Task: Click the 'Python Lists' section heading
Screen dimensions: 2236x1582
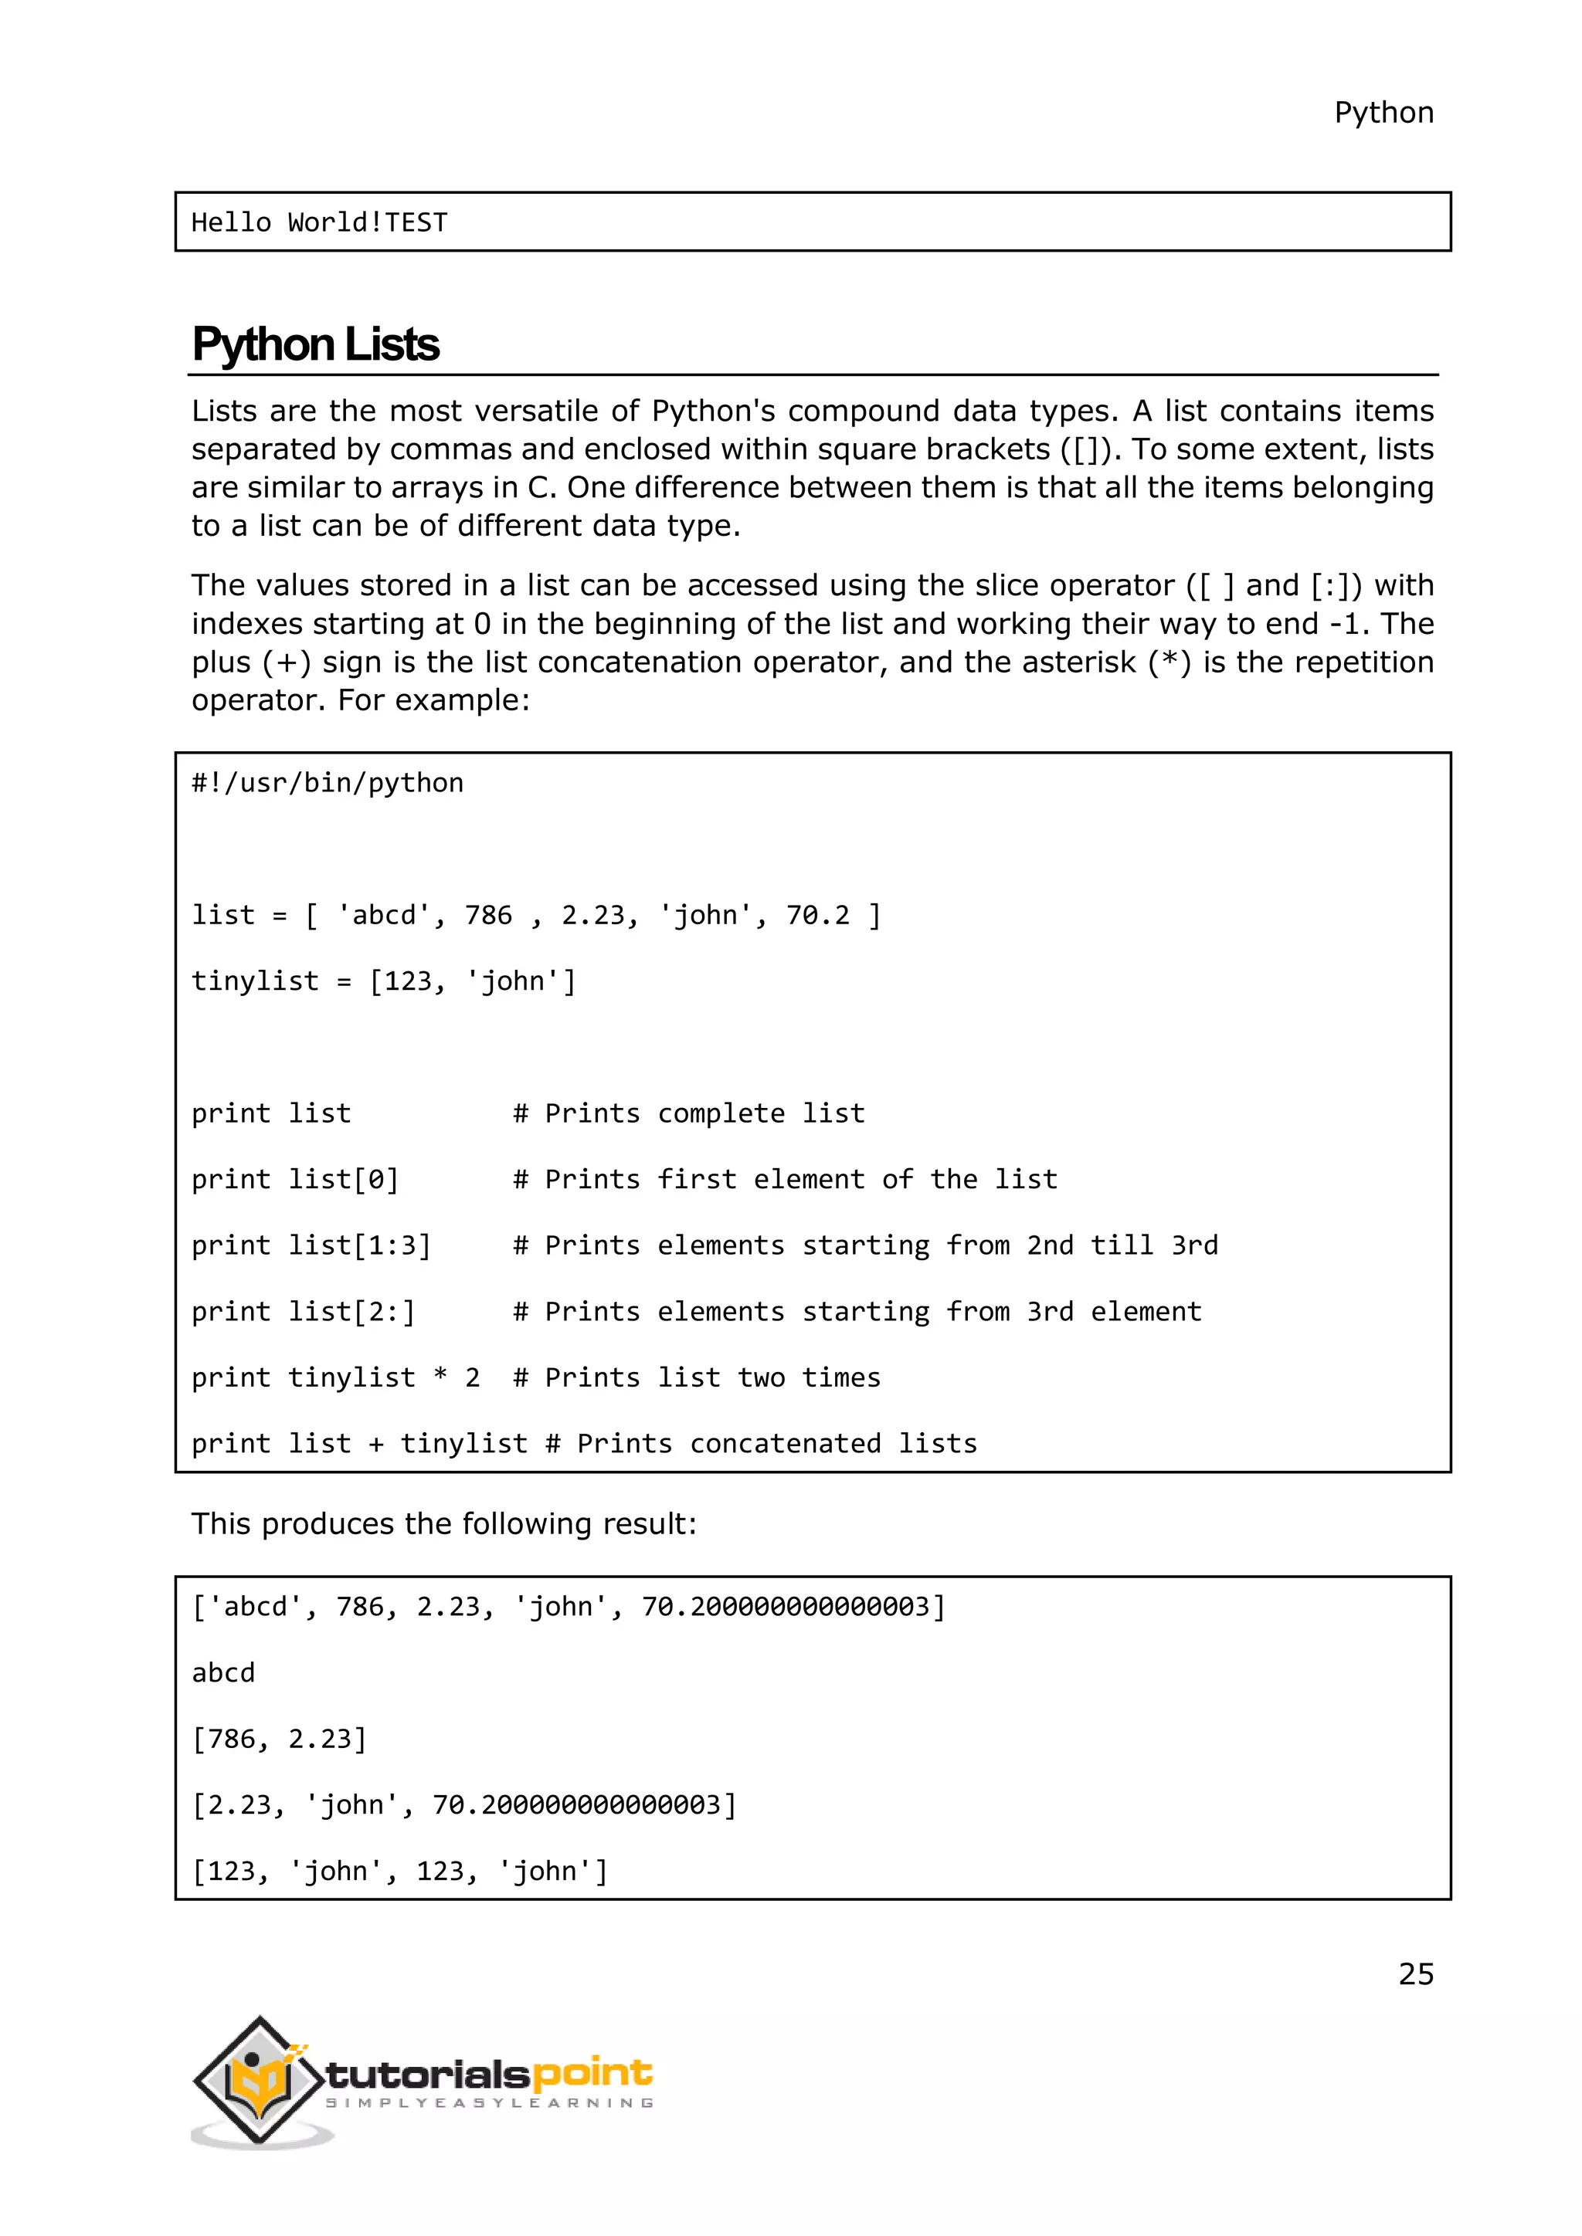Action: coord(316,345)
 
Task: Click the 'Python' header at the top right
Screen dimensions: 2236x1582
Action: coord(1383,113)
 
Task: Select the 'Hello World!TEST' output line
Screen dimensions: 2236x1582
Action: coord(320,223)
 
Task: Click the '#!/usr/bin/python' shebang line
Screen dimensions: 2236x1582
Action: coord(328,783)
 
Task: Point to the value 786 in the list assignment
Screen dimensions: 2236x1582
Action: coord(488,916)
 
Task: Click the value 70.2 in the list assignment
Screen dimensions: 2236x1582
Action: coord(817,916)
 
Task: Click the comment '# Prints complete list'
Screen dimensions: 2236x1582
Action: coord(689,1113)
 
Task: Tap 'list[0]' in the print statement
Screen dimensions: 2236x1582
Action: coord(344,1179)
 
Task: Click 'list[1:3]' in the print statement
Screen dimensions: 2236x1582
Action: coord(359,1245)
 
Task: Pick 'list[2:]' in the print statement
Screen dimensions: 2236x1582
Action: coord(351,1312)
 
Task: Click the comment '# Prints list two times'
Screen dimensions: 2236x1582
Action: coord(697,1378)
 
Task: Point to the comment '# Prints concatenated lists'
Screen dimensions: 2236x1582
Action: coord(761,1445)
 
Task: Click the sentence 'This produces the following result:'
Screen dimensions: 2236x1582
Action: coord(444,1524)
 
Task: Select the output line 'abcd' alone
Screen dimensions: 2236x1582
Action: coord(223,1673)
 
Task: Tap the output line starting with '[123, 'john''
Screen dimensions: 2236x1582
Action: coord(399,1872)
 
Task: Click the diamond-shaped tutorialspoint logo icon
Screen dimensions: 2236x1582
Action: coord(258,2079)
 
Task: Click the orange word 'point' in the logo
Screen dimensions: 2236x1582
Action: coord(592,2072)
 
